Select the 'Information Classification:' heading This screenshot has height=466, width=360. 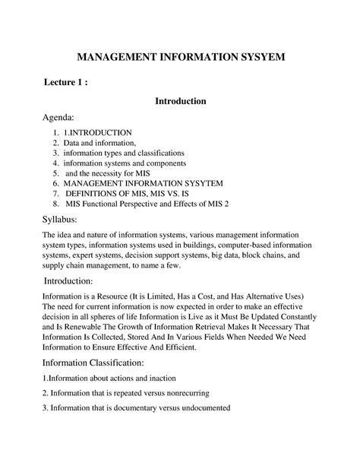click(93, 363)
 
